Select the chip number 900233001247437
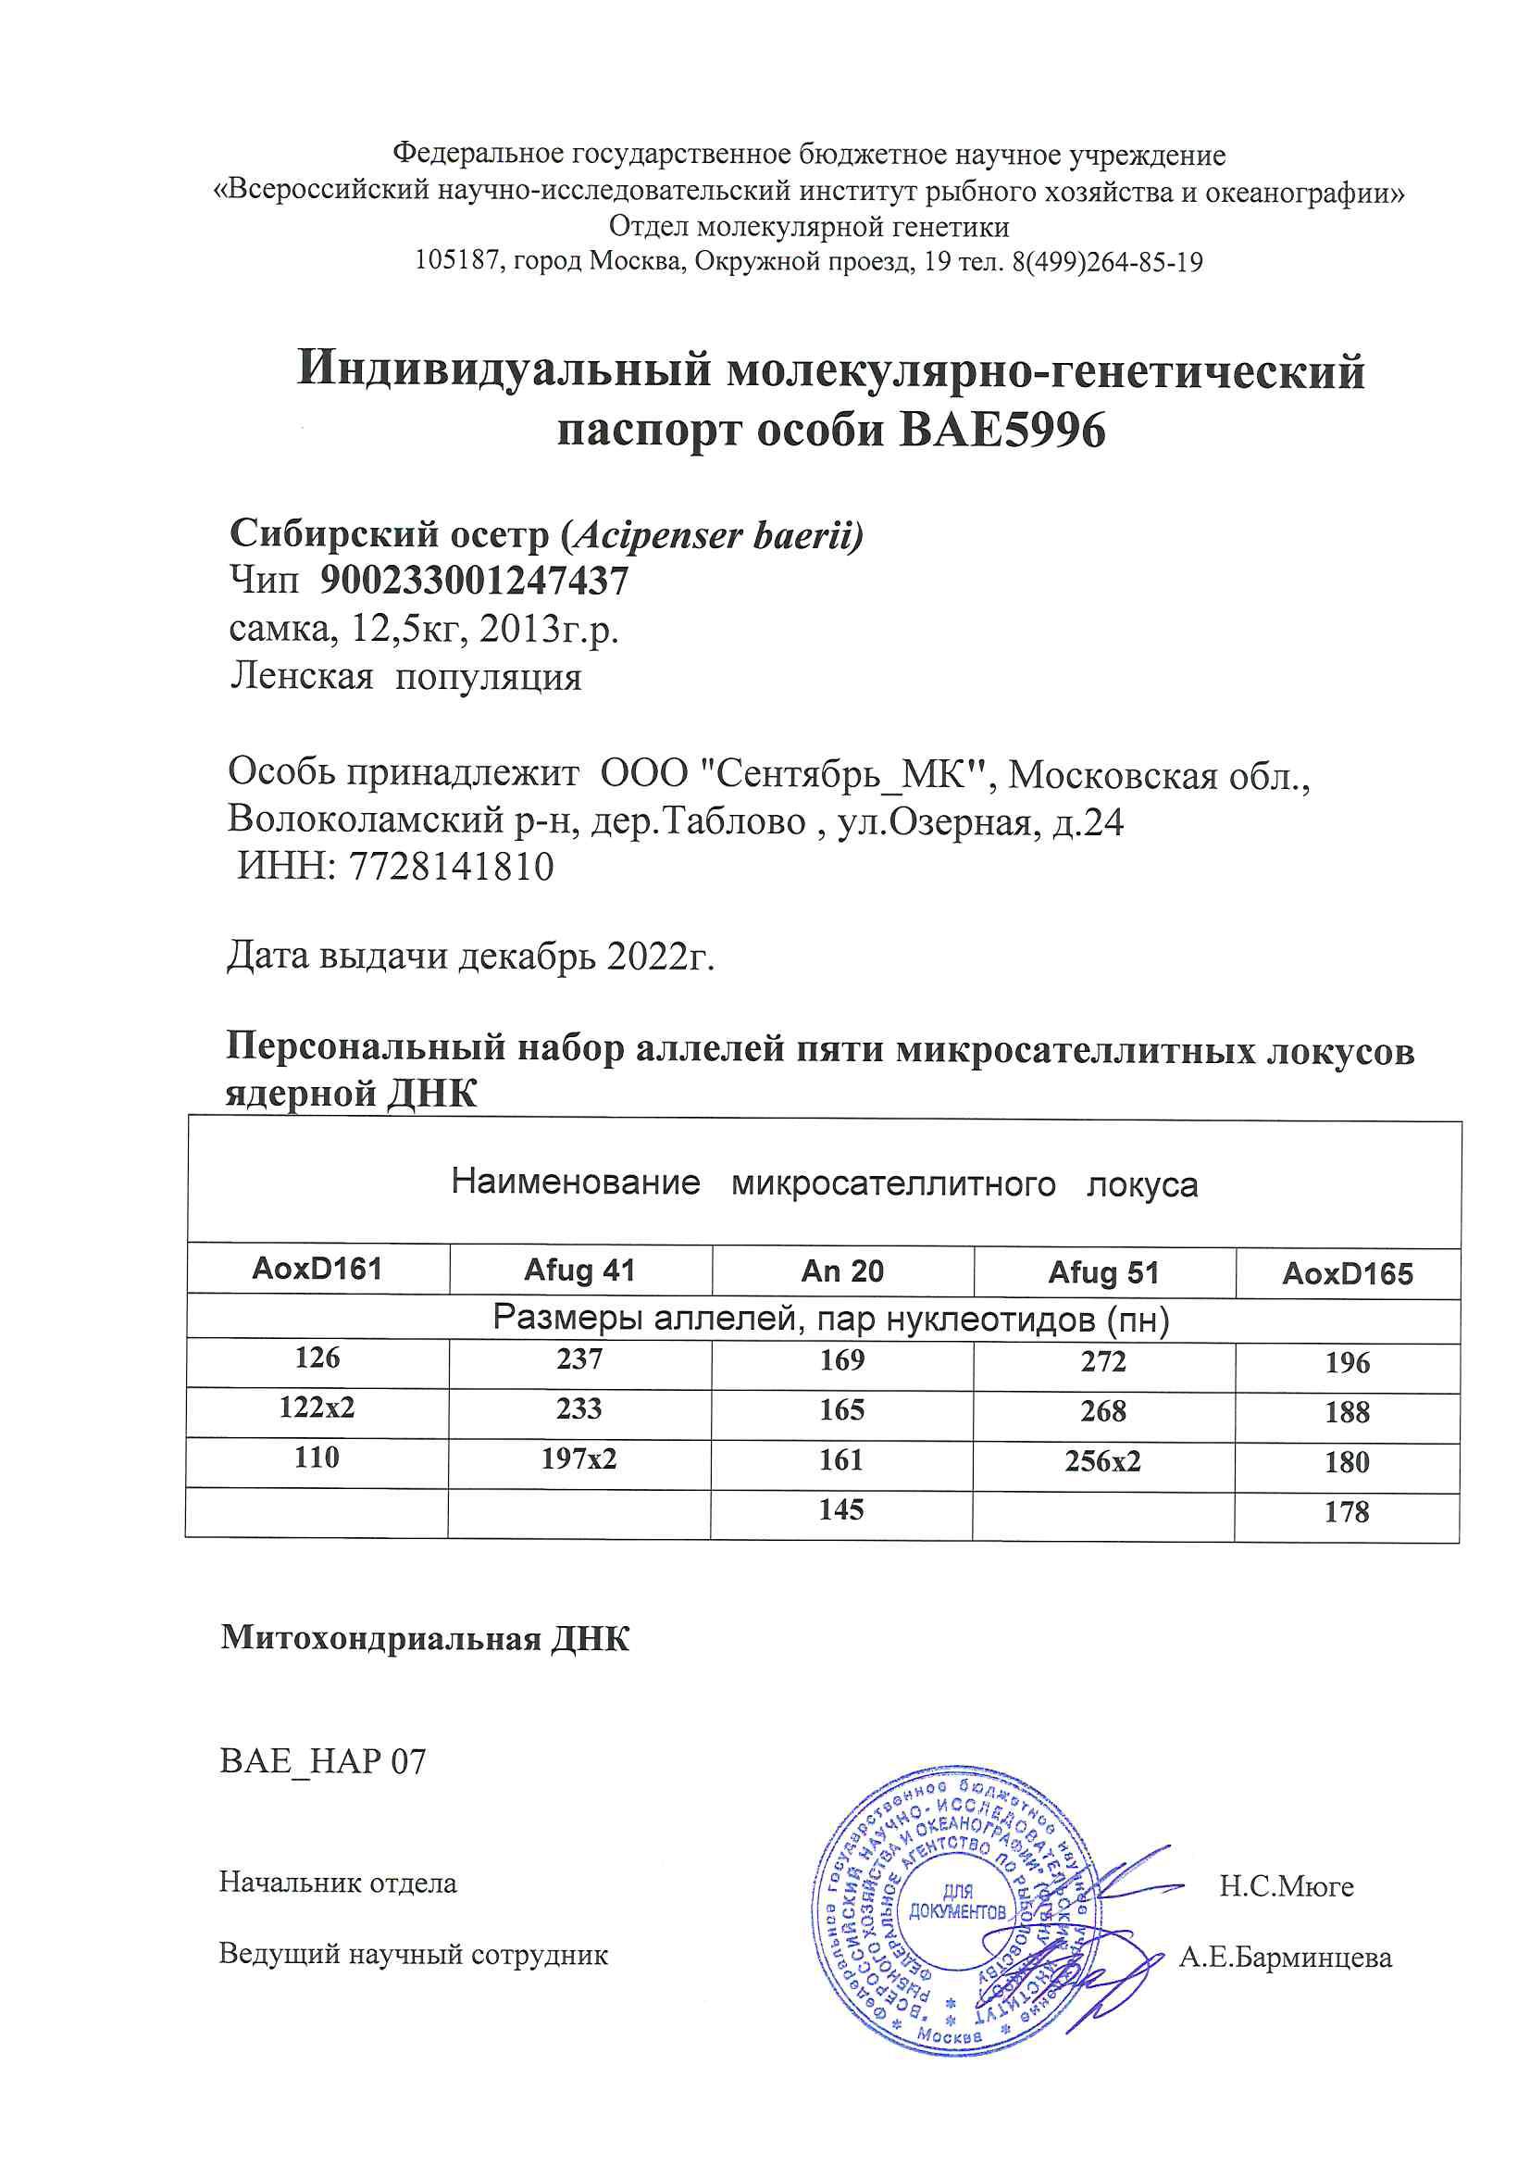pos(474,581)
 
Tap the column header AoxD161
pos(317,1270)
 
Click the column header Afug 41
pos(578,1271)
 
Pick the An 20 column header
pos(842,1272)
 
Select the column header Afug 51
pos(1103,1273)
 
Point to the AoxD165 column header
pos(1347,1275)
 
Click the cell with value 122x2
pos(317,1408)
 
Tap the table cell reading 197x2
pos(578,1458)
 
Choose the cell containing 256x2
pos(1103,1461)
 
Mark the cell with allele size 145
pos(840,1509)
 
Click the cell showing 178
pos(1346,1512)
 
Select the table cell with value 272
pos(1103,1361)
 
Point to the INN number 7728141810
pos(452,867)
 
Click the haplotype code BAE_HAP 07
pos(322,1761)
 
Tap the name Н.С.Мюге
pos(1286,1887)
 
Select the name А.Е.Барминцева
pos(1285,1958)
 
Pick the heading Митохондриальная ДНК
pos(425,1639)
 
